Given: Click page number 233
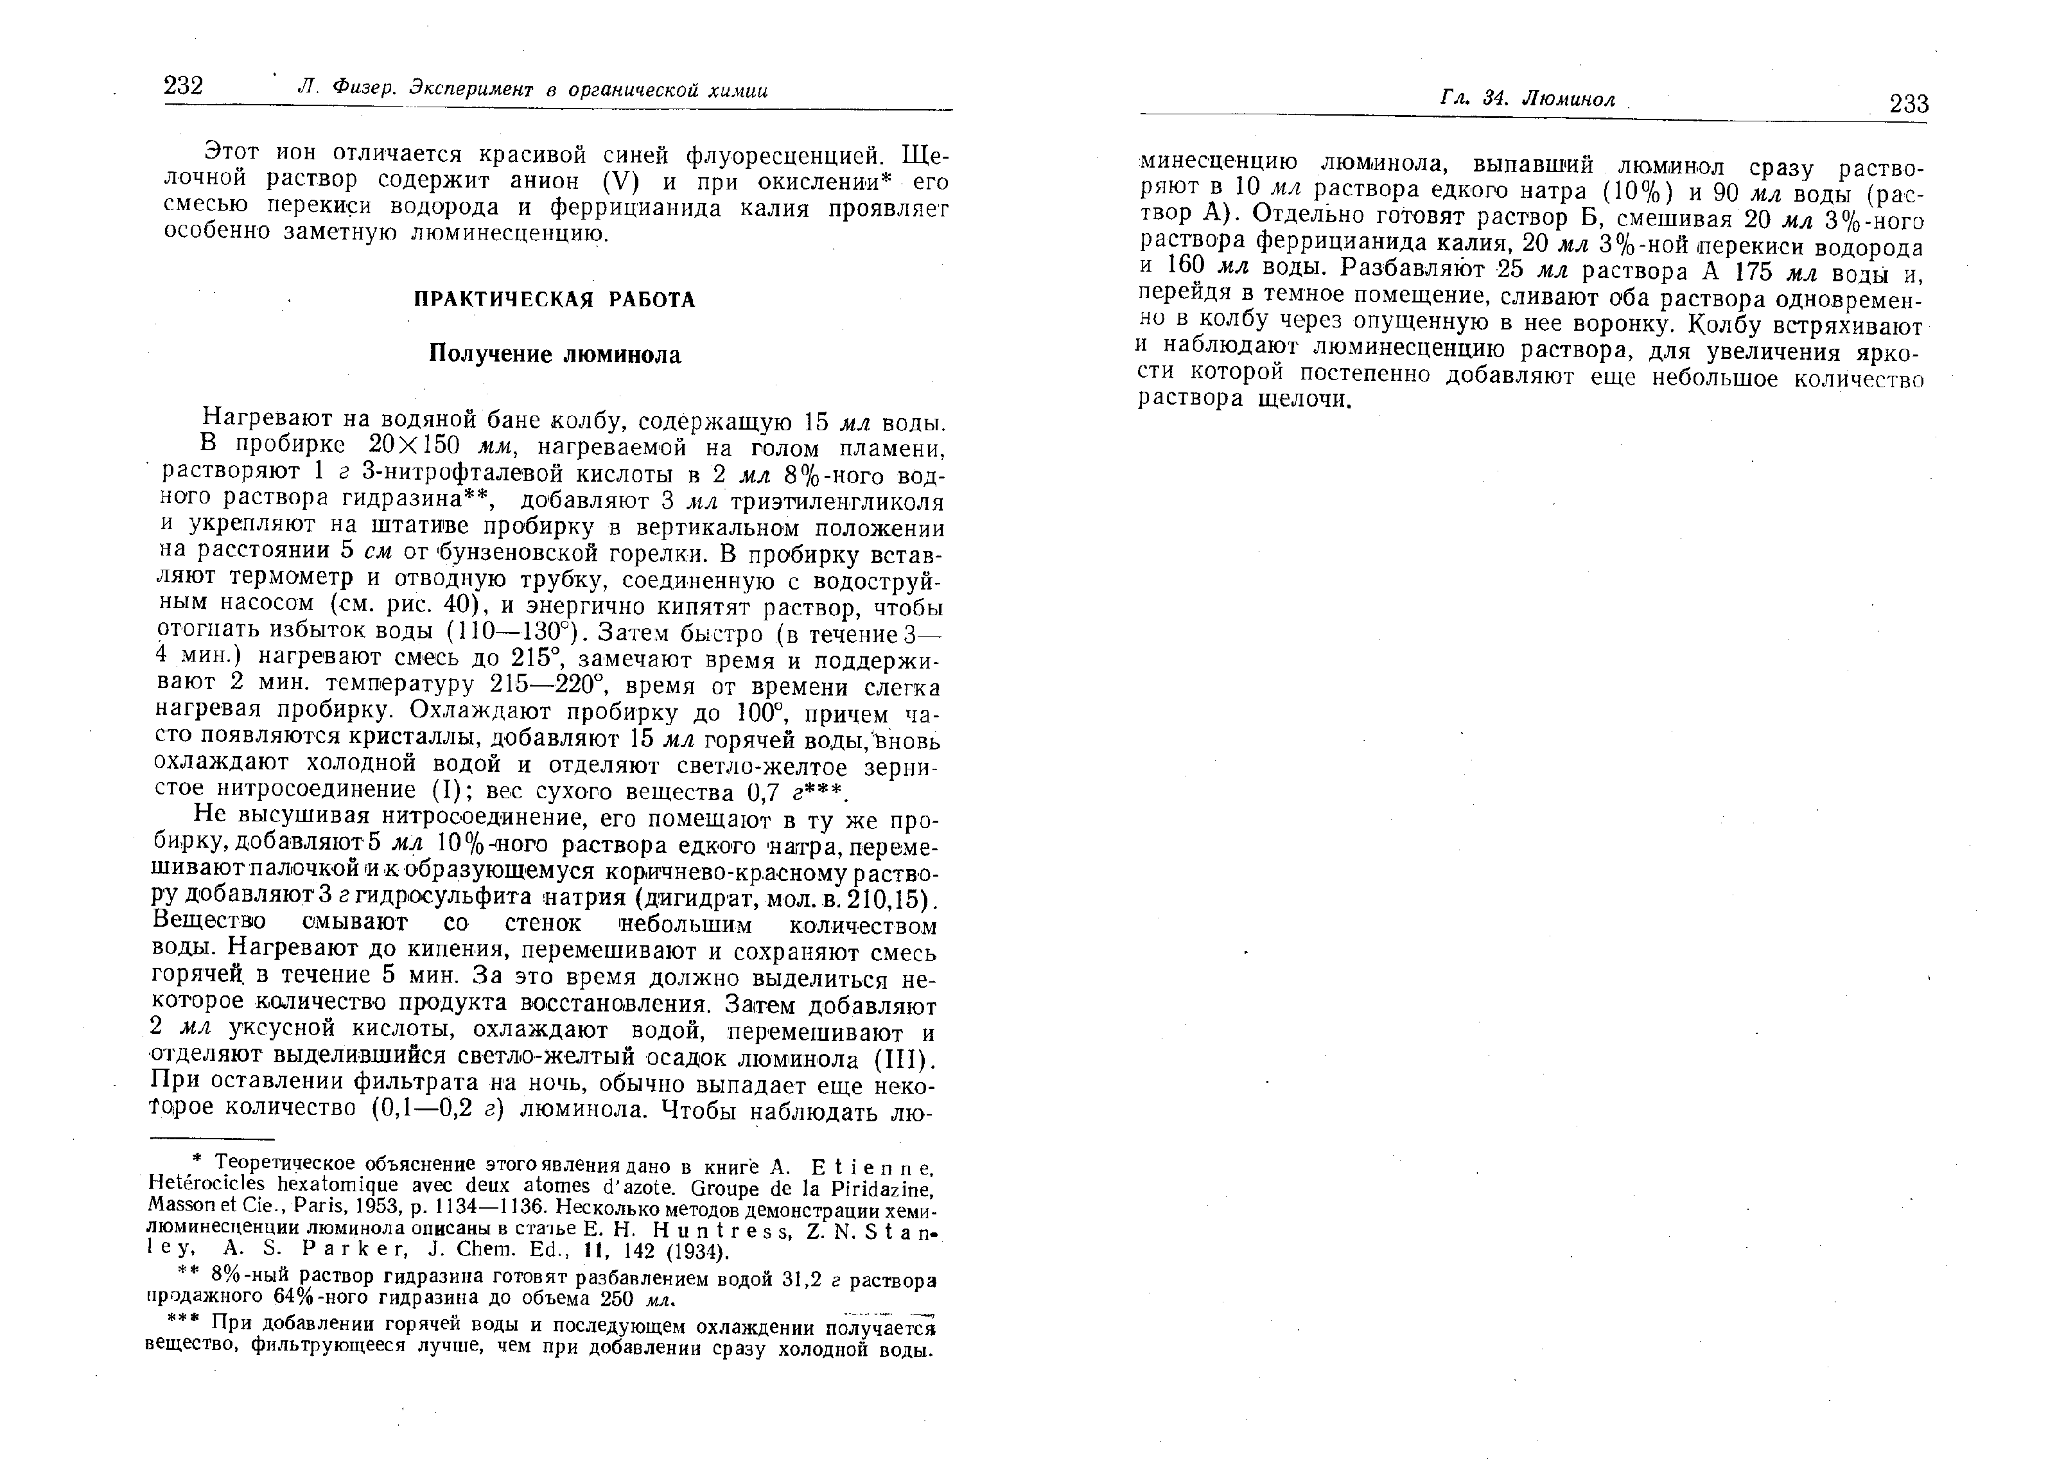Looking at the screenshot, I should pyautogui.click(x=1908, y=104).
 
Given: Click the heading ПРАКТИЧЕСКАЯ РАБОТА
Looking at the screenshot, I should pyautogui.click(x=554, y=300).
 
